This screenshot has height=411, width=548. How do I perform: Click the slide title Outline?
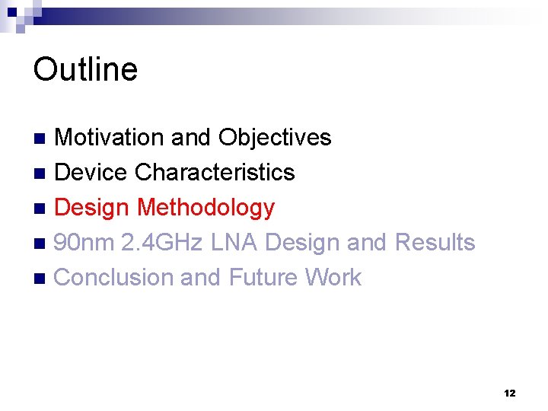pyautogui.click(x=85, y=69)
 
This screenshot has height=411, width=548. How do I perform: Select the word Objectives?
pyautogui.click(x=275, y=137)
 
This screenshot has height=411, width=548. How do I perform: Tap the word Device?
pyautogui.click(x=91, y=172)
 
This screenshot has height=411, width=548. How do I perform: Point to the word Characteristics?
pyautogui.click(x=215, y=172)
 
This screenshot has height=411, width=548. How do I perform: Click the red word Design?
pyautogui.click(x=93, y=208)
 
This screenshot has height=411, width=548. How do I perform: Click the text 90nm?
pyautogui.click(x=84, y=243)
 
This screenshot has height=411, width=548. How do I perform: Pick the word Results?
pyautogui.click(x=435, y=243)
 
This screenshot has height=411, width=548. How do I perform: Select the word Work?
pyautogui.click(x=333, y=277)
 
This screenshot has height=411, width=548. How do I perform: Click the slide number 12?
pyautogui.click(x=509, y=393)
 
